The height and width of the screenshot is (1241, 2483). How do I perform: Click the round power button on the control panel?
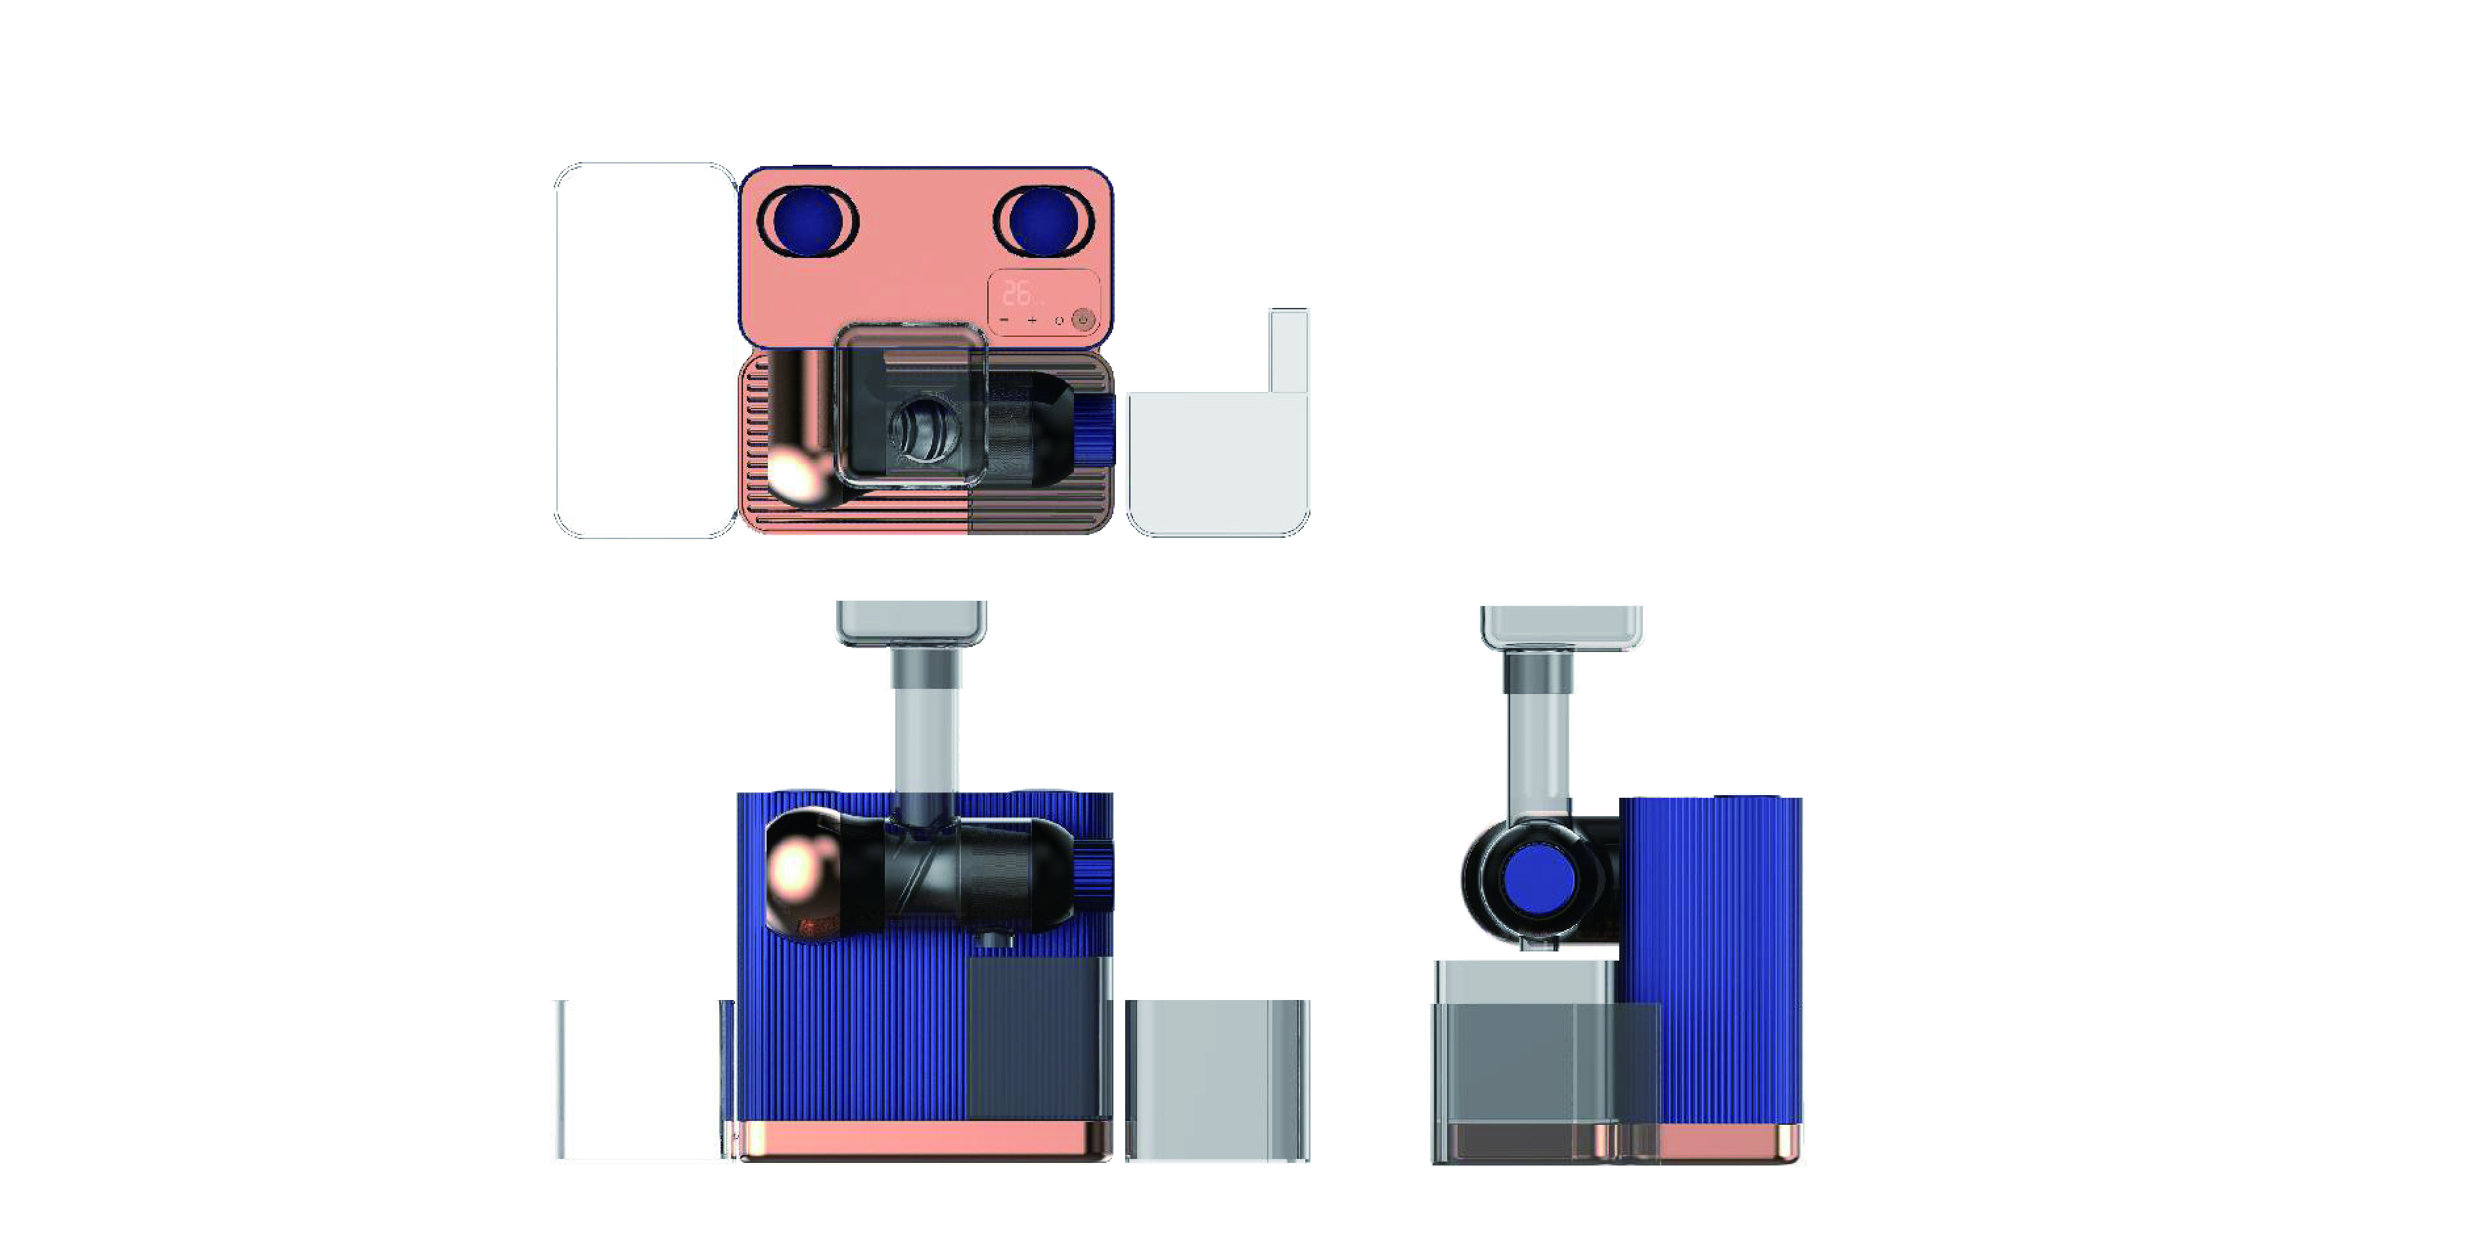pyautogui.click(x=1083, y=319)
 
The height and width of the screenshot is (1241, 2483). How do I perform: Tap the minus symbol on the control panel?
pyautogui.click(x=1004, y=320)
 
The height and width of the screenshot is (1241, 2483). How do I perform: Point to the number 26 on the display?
pyautogui.click(x=1016, y=293)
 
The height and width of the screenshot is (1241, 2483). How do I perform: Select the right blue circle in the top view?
pyautogui.click(x=1043, y=221)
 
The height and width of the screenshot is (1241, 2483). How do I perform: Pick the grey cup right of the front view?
pyautogui.click(x=1217, y=1079)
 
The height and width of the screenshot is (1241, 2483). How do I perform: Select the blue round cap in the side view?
pyautogui.click(x=1539, y=878)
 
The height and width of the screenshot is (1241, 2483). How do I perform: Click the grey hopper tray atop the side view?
pyautogui.click(x=1561, y=626)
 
